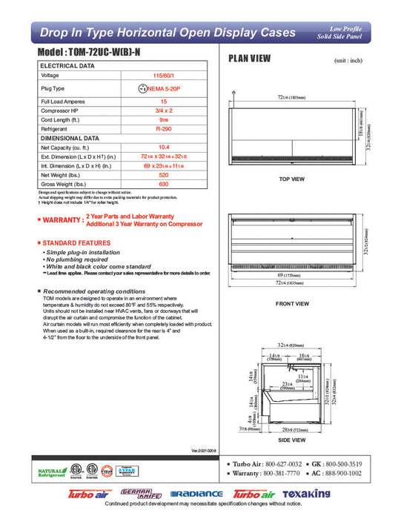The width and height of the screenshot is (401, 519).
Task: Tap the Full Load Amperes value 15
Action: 165,101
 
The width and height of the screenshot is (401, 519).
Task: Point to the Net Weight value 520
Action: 165,174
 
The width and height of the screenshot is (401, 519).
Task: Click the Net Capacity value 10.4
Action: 165,148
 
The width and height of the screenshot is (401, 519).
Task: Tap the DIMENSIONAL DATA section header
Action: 70,138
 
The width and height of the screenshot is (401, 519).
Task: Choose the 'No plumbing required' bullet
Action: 79,259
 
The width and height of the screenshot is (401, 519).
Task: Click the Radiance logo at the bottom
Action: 196,494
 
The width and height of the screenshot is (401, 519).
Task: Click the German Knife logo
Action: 143,493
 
